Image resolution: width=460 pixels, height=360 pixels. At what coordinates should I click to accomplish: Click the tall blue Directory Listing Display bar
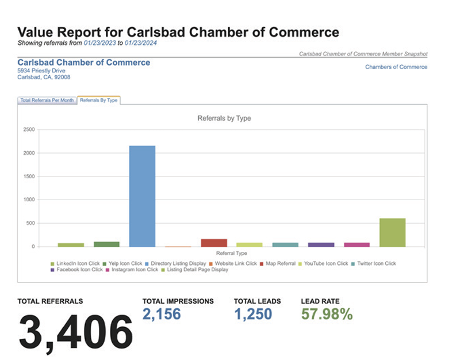[142, 196]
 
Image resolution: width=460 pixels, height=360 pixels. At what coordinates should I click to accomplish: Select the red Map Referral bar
[214, 243]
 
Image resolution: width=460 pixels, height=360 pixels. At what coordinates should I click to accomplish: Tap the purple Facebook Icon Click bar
[321, 244]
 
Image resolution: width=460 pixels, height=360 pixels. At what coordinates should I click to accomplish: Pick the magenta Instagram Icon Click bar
[356, 244]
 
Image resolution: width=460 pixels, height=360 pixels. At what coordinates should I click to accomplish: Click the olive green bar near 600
[393, 232]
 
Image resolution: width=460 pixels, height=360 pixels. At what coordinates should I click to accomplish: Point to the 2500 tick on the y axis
[29, 129]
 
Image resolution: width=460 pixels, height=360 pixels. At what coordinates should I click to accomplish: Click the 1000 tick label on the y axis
[29, 200]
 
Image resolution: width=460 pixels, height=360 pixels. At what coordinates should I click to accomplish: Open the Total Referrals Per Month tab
[47, 100]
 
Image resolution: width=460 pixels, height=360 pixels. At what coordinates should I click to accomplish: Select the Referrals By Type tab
[98, 100]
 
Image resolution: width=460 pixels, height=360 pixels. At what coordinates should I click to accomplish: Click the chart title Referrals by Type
[224, 118]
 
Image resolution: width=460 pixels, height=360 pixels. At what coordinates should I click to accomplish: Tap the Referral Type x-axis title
[232, 253]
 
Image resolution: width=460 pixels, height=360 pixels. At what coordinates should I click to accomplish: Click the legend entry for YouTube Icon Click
[323, 263]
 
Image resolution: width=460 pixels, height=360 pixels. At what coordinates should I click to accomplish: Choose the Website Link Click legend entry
[233, 263]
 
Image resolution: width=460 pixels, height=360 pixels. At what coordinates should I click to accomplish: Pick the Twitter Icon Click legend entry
[373, 263]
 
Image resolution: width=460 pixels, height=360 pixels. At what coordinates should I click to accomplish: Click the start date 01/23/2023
[99, 43]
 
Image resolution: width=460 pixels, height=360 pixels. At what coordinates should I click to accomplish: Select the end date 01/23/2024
[140, 43]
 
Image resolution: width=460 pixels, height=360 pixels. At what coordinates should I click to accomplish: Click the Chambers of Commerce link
[396, 67]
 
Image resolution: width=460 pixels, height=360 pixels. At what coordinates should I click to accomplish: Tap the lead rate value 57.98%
[327, 314]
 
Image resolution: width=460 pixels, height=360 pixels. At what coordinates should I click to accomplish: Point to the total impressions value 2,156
[162, 314]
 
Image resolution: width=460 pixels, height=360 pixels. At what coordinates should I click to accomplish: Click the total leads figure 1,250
[253, 314]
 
